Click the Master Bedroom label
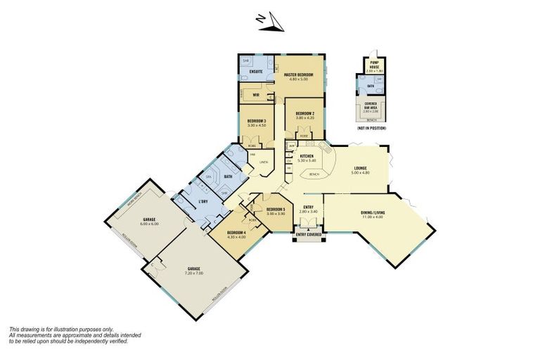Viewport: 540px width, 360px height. (299, 74)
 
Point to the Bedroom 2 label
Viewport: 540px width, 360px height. (304, 112)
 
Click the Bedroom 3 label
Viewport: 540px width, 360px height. (256, 121)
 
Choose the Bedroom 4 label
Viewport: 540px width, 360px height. (236, 233)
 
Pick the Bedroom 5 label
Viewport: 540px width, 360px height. (276, 209)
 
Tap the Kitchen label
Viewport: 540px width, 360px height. (307, 156)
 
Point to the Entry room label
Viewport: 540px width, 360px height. (308, 207)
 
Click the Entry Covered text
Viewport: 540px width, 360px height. (309, 234)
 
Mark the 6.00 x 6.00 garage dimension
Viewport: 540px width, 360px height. (148, 224)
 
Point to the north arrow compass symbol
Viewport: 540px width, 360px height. (271, 21)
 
